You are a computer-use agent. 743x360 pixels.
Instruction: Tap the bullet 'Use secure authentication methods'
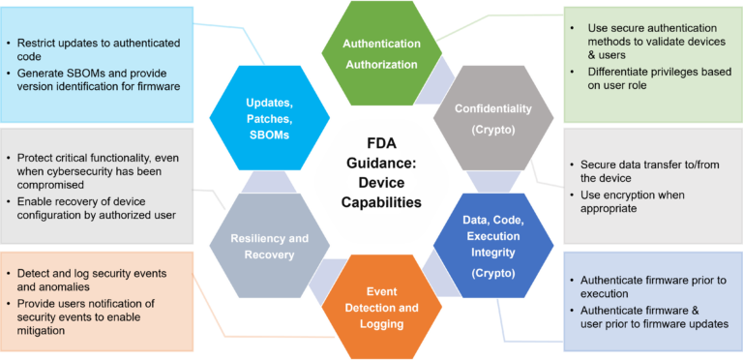(657, 35)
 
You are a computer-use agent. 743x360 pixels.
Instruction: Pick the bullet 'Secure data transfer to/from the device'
(643, 171)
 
